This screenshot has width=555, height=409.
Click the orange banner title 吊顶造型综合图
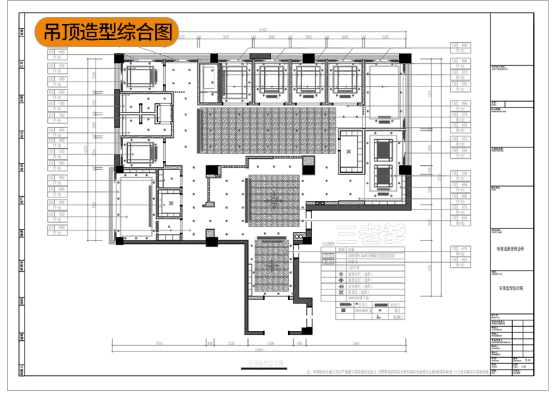[107, 32]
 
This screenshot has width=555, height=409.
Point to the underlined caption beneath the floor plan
[265, 362]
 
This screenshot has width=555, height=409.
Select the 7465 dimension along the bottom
[356, 344]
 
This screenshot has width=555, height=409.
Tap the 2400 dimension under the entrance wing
[270, 344]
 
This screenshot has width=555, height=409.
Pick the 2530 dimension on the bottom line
[230, 344]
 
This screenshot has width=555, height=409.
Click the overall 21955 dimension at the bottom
[259, 349]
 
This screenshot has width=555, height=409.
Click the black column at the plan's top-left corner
[119, 58]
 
